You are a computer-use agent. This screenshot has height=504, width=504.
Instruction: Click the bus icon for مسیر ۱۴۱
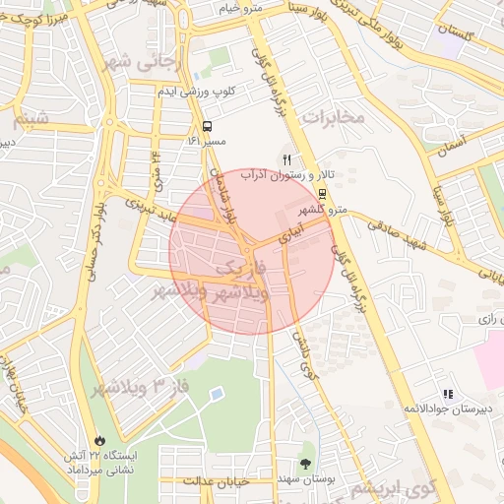click(x=207, y=126)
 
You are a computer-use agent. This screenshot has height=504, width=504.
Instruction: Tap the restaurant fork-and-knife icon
click(x=287, y=158)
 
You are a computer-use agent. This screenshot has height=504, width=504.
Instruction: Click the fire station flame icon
click(x=98, y=440)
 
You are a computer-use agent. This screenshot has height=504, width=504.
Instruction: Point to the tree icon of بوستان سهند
click(x=306, y=463)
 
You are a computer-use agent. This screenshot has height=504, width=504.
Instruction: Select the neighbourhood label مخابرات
click(x=334, y=117)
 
